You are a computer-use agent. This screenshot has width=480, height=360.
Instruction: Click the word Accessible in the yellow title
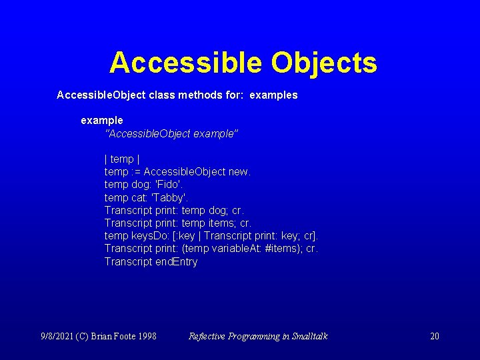click(185, 63)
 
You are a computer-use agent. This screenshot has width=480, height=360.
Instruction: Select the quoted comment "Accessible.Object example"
click(171, 134)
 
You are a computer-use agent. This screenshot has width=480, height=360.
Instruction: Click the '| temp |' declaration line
click(121, 159)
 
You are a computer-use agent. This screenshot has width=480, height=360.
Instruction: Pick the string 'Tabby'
click(170, 197)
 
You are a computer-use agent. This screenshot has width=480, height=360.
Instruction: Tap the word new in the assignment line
click(239, 172)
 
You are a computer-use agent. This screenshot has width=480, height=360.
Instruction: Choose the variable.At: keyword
click(235, 249)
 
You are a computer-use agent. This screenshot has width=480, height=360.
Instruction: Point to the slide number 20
click(434, 336)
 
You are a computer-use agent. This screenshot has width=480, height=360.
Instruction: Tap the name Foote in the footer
click(125, 336)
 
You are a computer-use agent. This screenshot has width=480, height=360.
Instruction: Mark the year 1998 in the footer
click(147, 336)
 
